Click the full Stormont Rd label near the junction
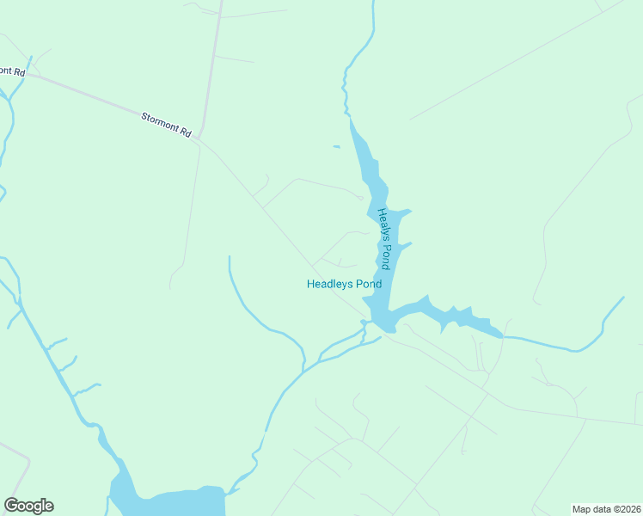click(167, 125)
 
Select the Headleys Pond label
click(344, 284)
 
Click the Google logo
click(28, 506)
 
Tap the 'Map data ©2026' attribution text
click(607, 509)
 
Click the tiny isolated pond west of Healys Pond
click(336, 147)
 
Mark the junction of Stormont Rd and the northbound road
click(199, 138)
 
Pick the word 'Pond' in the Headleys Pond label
click(368, 284)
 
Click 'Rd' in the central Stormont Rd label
click(185, 132)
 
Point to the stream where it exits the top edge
click(374, 3)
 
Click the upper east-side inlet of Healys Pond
click(406, 212)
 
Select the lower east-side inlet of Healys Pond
click(405, 245)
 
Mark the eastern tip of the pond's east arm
click(499, 334)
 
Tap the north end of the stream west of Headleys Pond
click(230, 257)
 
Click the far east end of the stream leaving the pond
click(622, 298)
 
